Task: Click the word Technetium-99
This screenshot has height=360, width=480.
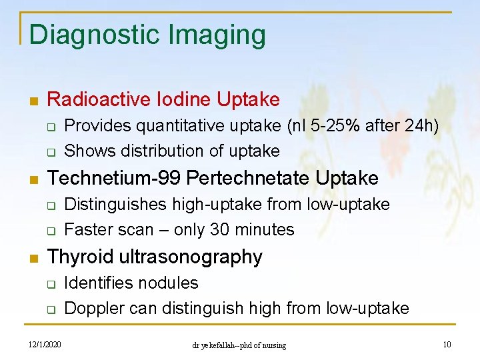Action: [x=115, y=178]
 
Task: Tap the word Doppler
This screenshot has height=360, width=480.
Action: [x=91, y=308]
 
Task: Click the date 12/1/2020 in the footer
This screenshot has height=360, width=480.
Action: [x=45, y=344]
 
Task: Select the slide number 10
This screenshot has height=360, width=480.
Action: [x=446, y=344]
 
